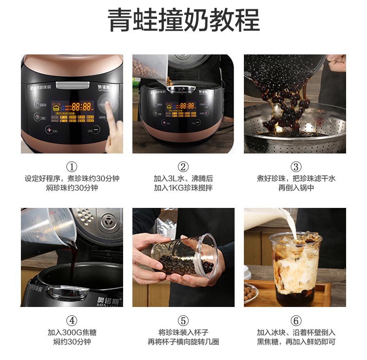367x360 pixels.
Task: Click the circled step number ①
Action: coord(72,167)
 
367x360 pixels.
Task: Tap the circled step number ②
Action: coord(183,167)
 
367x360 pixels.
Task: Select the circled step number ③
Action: coord(295,167)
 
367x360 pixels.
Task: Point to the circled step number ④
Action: coord(72,320)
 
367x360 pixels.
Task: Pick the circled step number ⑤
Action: coord(183,320)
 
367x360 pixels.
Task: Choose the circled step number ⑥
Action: coord(295,320)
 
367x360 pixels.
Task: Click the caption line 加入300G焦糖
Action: coord(72,333)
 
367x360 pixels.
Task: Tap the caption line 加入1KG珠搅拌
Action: coord(183,188)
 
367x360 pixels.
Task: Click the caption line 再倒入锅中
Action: coord(295,188)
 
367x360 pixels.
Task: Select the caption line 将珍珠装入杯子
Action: coord(183,333)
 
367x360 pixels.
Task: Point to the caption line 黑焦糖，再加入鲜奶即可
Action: coord(295,342)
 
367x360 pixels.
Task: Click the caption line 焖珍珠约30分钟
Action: coord(72,188)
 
